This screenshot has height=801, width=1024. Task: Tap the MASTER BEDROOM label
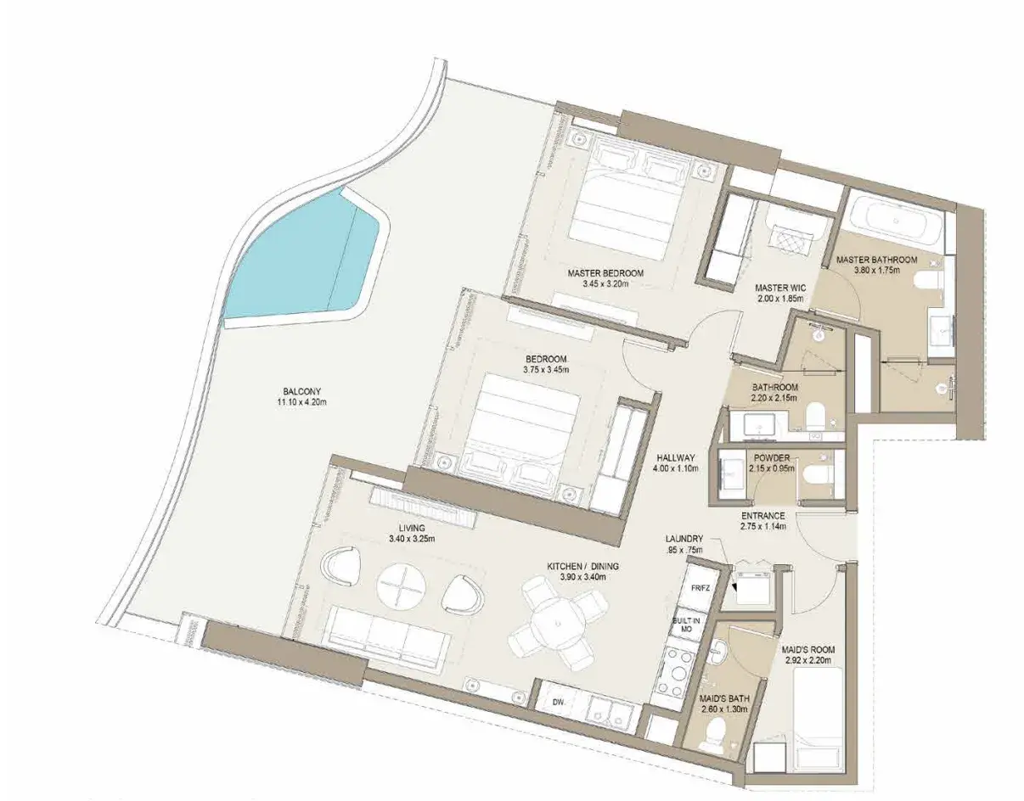pos(605,273)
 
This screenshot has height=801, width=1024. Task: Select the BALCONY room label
pos(301,391)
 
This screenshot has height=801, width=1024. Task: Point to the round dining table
pos(558,625)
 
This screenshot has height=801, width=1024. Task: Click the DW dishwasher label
pos(558,702)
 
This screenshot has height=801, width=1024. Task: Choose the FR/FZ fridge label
pos(700,588)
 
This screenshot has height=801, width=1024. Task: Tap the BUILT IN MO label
pos(686,625)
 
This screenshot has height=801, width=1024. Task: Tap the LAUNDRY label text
pos(684,539)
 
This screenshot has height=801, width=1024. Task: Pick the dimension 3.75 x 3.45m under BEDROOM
pos(546,370)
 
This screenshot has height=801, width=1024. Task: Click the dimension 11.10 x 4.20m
pos(302,402)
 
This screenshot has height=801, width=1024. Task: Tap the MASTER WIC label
pos(780,288)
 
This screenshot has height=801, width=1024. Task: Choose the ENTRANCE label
pos(763,516)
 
